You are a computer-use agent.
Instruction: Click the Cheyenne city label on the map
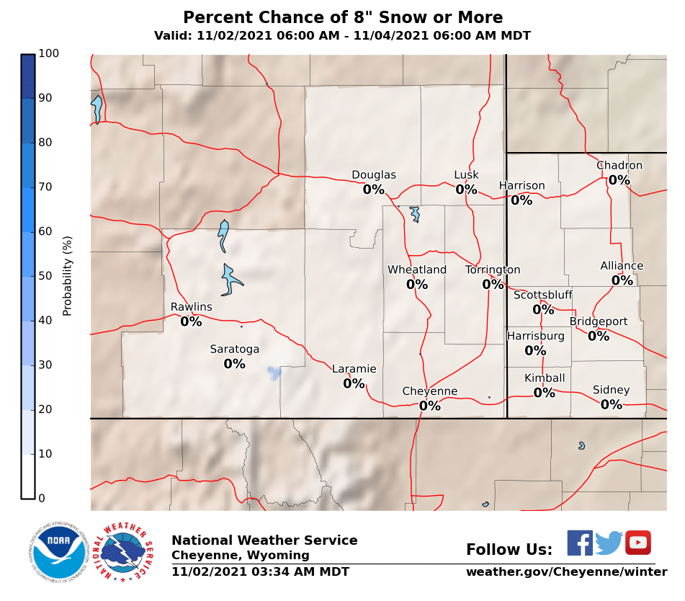pos(429,391)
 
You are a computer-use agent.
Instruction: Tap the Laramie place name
pos(354,369)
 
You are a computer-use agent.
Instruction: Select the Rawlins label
pos(191,307)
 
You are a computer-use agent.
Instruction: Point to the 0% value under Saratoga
pos(234,364)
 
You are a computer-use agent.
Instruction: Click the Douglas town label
pos(373,175)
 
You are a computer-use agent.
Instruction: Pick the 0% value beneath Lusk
pos(466,190)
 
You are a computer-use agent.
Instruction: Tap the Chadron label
pos(619,166)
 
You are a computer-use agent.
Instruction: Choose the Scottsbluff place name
pos(542,295)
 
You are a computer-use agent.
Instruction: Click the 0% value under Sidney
pos(611,404)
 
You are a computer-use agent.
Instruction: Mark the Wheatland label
pos(416,270)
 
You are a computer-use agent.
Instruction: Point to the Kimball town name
pos(544,378)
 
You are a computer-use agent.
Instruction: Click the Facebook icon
pos(579,543)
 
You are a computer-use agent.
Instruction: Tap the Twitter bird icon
pos(609,543)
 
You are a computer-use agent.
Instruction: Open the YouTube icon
pos(637,543)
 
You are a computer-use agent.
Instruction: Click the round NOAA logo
pos(59,552)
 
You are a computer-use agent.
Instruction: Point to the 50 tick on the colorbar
pos(45,276)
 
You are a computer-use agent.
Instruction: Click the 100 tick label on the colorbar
pos(49,53)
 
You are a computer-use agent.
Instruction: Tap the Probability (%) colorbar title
pos(68,276)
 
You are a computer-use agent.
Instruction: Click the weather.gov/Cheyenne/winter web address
pos(566,572)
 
